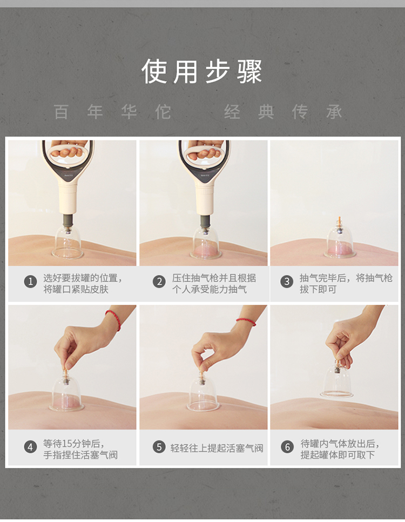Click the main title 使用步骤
[x=202, y=71]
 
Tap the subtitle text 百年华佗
[x=112, y=112]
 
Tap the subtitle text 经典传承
[x=283, y=112]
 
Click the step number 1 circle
[x=30, y=282]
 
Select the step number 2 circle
[x=159, y=282]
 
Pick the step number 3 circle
[x=287, y=282]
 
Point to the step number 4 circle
[x=30, y=447]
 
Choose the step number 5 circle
[x=159, y=447]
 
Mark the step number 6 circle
[x=287, y=447]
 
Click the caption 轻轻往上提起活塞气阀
[x=217, y=447]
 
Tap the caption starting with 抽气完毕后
[x=346, y=284]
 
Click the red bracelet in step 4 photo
[x=113, y=319]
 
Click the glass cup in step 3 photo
[x=340, y=242]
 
